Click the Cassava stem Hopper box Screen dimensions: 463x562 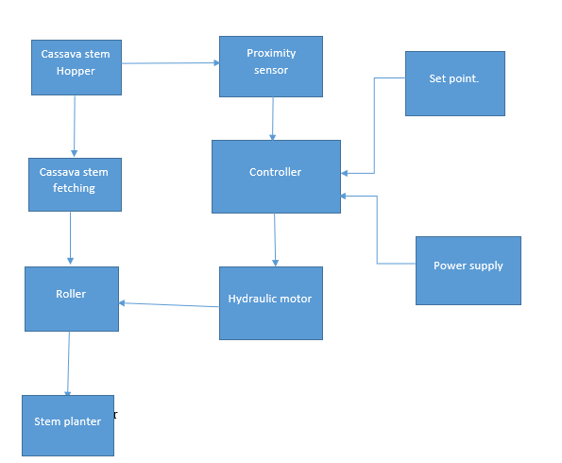tap(76, 67)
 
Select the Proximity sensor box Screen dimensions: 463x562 tap(270, 66)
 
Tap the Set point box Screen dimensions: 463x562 tap(454, 83)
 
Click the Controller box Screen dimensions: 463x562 tap(276, 176)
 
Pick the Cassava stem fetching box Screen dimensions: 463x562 tap(74, 184)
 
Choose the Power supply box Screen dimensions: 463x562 tap(468, 270)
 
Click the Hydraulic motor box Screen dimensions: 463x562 tap(270, 302)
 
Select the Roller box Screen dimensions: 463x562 tap(71, 298)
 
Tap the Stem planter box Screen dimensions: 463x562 tap(67, 425)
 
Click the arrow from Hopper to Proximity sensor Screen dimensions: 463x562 tap(170, 63)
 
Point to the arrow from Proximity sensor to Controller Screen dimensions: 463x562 tap(273, 118)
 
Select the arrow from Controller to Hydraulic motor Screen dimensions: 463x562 tap(275, 239)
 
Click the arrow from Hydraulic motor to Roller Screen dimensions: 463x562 tap(170, 304)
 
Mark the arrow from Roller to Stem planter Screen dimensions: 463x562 tap(68, 363)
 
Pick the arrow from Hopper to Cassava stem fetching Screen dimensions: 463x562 tap(74, 126)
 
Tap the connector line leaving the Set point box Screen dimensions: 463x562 tap(375, 123)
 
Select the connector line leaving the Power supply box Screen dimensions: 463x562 tap(378, 231)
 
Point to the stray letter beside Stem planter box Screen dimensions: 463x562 tap(115, 415)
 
